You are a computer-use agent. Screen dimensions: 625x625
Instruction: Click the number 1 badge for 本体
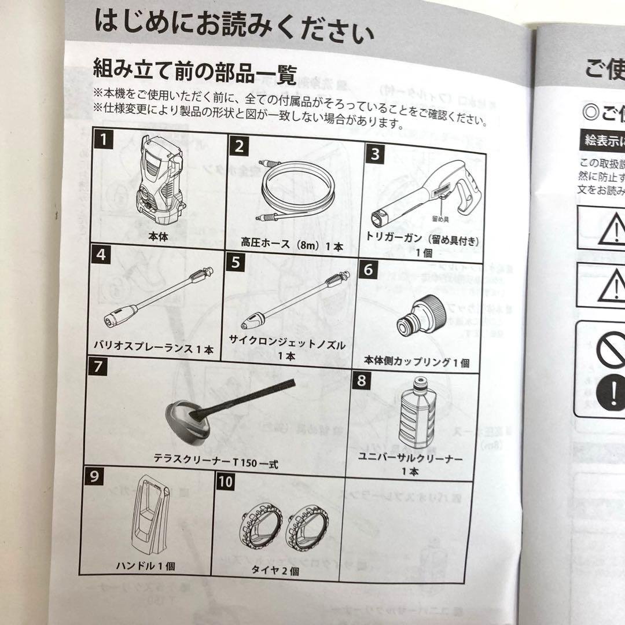(103, 139)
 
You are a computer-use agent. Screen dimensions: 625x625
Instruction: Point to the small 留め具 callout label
(441, 219)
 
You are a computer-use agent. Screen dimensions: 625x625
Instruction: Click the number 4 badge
(101, 254)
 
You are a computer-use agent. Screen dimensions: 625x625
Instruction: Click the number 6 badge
(371, 269)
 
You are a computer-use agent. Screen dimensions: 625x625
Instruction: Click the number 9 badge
(94, 477)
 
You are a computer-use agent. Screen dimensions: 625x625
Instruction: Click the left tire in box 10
(260, 527)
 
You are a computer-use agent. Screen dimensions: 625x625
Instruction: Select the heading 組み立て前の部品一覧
(195, 73)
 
